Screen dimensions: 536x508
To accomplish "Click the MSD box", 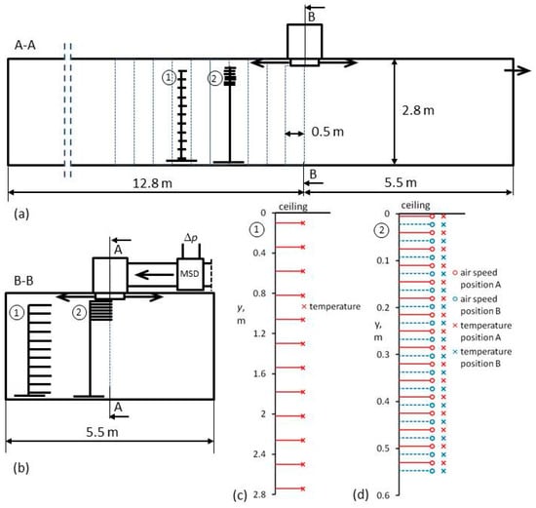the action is (190, 274).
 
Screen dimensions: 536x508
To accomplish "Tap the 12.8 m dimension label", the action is (152, 183).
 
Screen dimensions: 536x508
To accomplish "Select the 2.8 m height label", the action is (418, 110).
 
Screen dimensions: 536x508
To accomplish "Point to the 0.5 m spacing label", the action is (327, 132).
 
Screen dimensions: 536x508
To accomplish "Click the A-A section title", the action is (25, 45).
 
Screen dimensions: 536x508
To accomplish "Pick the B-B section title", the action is (23, 281).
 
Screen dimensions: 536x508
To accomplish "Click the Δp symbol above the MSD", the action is (191, 238).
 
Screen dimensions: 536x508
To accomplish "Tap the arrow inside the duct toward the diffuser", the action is (154, 274).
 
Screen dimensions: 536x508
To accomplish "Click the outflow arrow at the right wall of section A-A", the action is (517, 70).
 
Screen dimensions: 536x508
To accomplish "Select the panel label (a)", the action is (21, 215).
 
